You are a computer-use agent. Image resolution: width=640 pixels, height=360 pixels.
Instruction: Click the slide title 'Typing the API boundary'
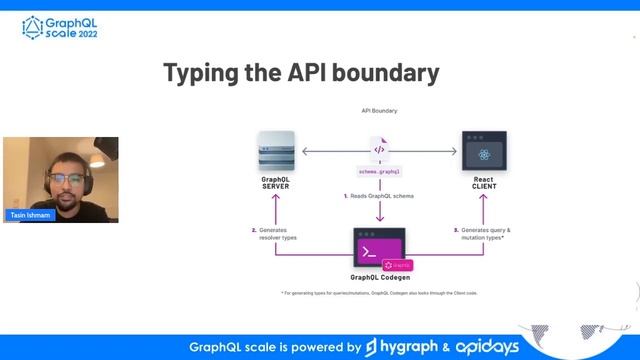coord(300,73)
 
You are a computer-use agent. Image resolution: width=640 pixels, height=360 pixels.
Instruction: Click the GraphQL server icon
coord(275,150)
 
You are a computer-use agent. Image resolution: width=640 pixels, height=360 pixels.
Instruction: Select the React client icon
coord(484,152)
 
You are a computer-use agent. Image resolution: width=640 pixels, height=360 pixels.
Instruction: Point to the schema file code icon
coord(379,150)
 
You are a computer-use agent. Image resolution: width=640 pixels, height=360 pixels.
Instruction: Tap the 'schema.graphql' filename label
coord(379,171)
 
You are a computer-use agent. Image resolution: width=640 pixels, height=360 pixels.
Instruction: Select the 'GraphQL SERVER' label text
coord(275,183)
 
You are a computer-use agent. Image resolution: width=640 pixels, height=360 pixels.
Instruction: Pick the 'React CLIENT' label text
coord(484,183)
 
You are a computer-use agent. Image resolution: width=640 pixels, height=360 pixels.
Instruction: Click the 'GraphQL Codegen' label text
coord(379,277)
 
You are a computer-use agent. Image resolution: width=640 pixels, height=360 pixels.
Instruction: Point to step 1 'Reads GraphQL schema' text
coord(379,196)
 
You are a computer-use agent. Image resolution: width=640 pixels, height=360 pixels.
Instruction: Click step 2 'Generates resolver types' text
coord(275,232)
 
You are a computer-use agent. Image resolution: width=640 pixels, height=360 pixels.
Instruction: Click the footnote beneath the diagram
coord(379,293)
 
